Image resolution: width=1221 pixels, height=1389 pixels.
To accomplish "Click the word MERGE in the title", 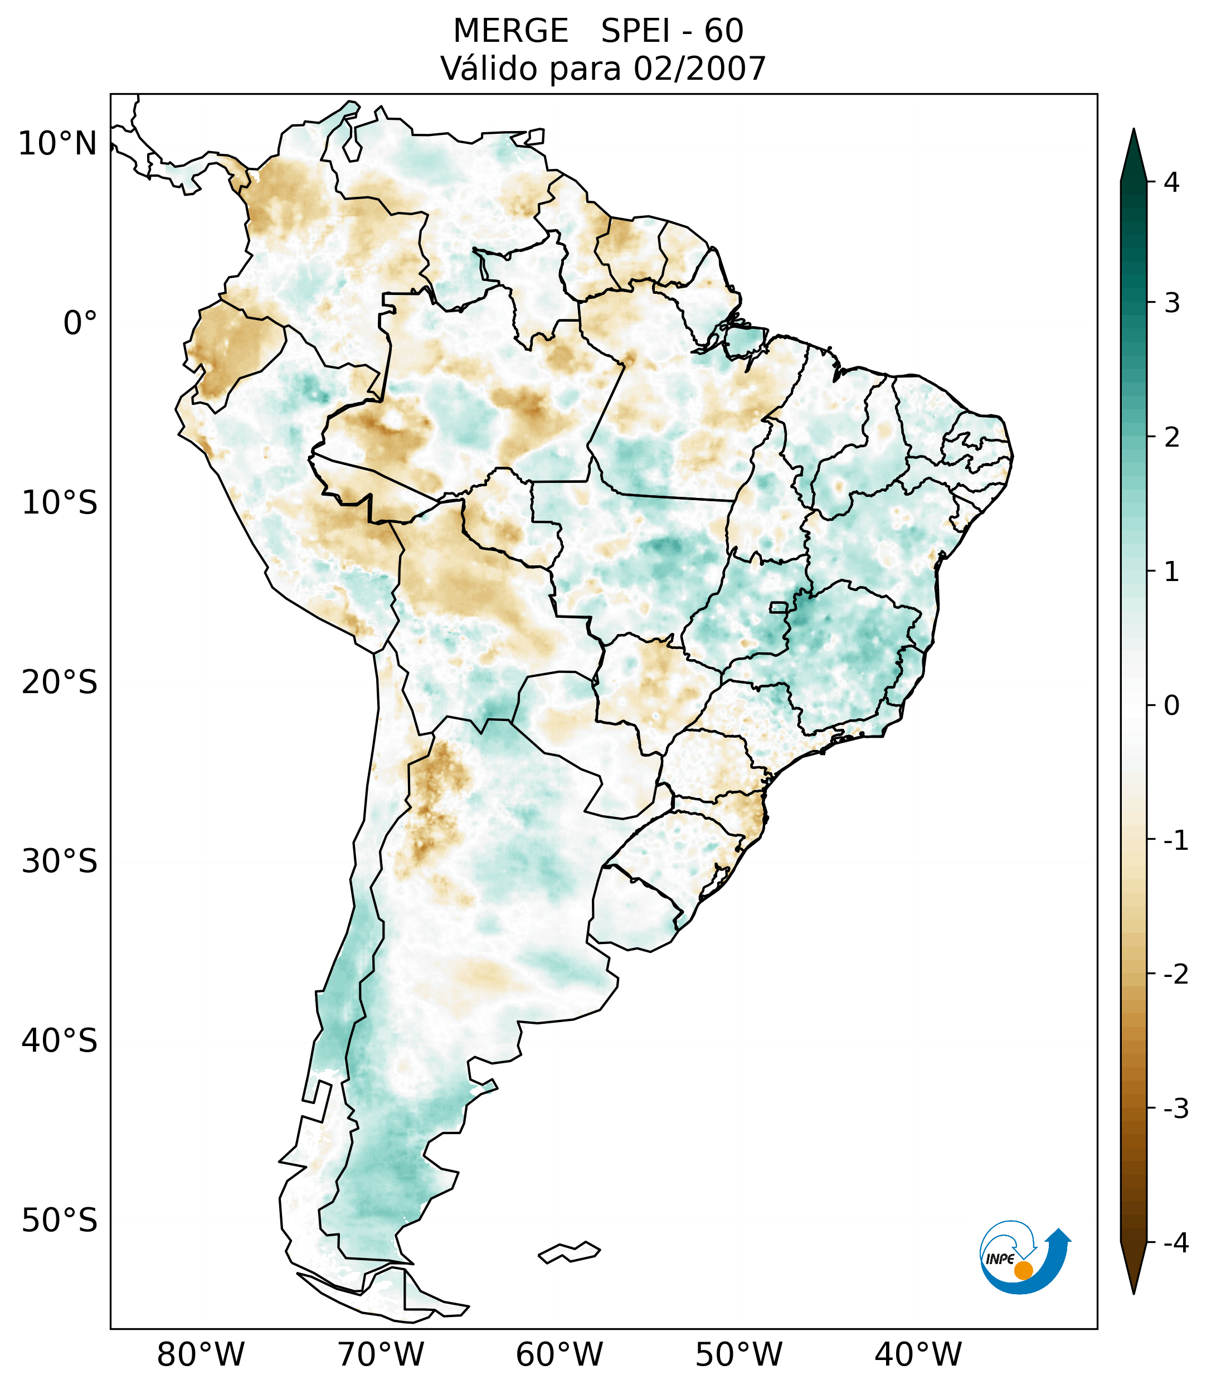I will tap(510, 31).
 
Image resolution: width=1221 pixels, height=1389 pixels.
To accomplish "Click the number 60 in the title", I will tap(723, 31).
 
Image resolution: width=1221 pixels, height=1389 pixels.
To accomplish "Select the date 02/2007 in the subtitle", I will tap(699, 69).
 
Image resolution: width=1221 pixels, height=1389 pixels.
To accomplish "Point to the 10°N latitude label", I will tap(58, 144).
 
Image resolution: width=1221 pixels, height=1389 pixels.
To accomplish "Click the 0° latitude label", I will tap(80, 323).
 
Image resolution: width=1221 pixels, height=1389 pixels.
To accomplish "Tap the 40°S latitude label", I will tap(60, 1040).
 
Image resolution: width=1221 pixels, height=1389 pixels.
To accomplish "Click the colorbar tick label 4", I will tap(1171, 182).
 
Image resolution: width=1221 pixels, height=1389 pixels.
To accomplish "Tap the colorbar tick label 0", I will tap(1171, 706).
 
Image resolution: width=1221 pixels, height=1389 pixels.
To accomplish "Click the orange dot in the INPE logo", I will tap(1023, 1270).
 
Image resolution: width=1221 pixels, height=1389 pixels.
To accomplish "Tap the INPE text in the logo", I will tap(1000, 1259).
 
